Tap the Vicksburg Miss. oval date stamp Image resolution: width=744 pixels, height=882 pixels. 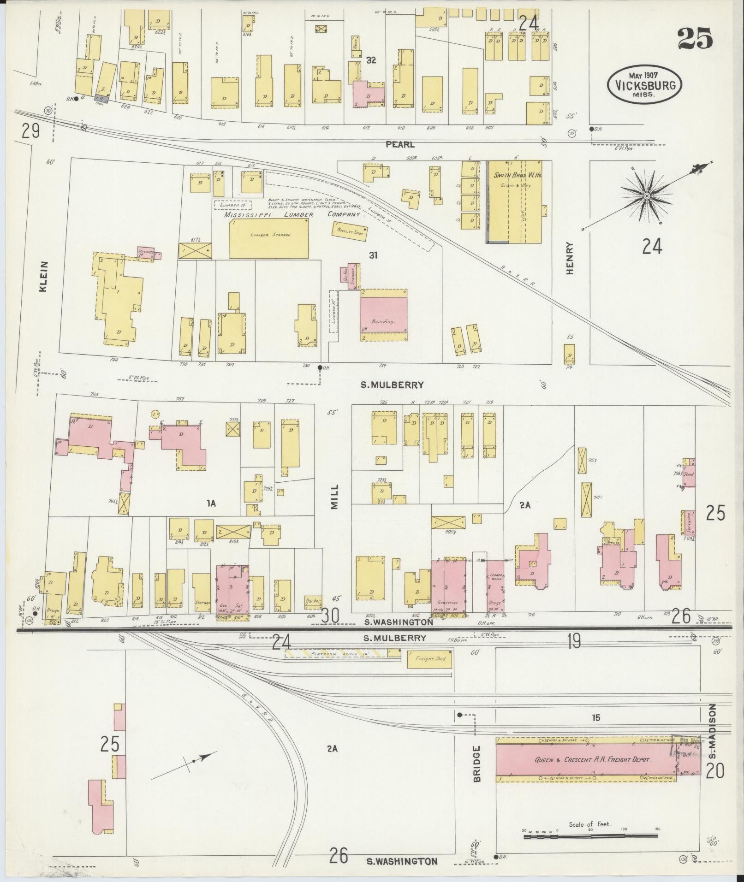644,85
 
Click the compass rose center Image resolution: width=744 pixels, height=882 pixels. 647,196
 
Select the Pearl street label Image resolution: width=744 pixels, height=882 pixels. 400,144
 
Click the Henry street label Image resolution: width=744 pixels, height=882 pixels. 570,259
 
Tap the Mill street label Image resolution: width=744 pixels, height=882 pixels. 334,496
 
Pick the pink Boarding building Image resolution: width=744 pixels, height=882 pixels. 383,315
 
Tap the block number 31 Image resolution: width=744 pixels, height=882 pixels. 373,254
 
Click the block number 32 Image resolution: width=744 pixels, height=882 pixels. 371,60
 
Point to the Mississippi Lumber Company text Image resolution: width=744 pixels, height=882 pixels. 292,215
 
